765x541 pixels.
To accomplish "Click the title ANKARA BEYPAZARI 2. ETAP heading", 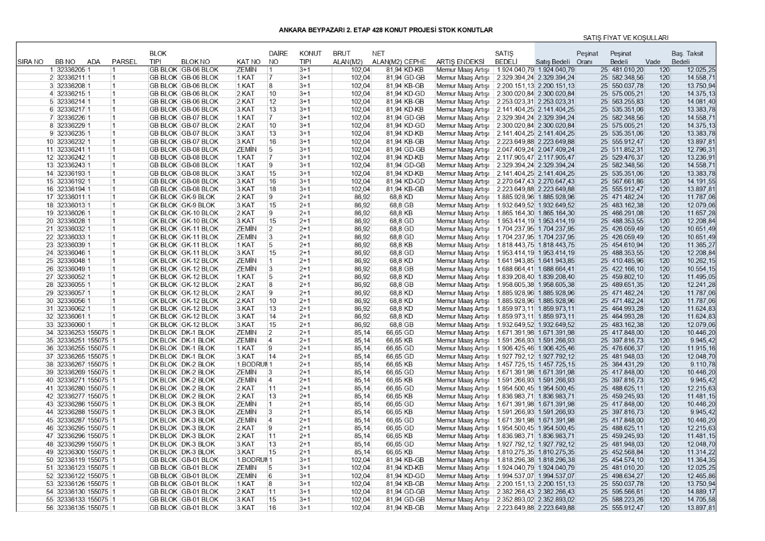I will coord(385,29).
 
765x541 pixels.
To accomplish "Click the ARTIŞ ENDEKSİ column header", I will coord(460,62).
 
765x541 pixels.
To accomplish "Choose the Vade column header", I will coord(653,62).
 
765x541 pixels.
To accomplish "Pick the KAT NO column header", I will coord(248,62).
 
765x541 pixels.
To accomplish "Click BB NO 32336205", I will coord(70,70).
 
